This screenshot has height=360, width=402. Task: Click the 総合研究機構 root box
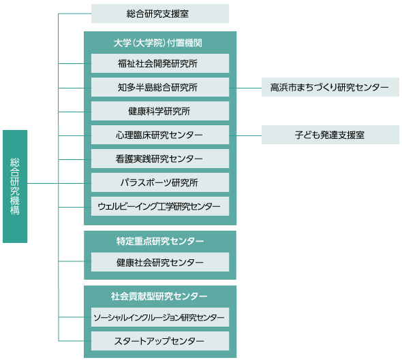point(15,186)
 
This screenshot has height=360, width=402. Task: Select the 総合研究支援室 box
point(159,14)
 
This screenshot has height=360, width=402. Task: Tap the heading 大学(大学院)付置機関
point(159,43)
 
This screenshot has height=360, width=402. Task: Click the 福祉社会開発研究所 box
point(159,64)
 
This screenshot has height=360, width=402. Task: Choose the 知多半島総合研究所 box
point(159,88)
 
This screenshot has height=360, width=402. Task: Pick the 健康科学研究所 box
point(159,112)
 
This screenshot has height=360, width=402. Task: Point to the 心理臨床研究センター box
point(159,135)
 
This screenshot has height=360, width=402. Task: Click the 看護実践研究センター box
point(159,159)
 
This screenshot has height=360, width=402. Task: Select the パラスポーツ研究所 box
point(159,183)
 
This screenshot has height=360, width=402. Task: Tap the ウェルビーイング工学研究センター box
point(159,207)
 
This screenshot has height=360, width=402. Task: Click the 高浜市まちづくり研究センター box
point(330,88)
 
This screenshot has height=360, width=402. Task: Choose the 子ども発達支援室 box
point(330,135)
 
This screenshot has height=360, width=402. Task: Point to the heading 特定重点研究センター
point(159,242)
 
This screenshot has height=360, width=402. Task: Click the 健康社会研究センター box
point(159,263)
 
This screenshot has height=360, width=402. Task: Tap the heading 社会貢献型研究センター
point(159,297)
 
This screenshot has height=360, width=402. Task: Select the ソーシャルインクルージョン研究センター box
point(159,317)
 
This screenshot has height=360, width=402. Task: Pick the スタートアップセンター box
point(159,341)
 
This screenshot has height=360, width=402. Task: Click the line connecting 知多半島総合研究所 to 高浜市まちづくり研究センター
point(249,88)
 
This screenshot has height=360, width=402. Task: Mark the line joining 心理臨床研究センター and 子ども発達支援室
point(249,135)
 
